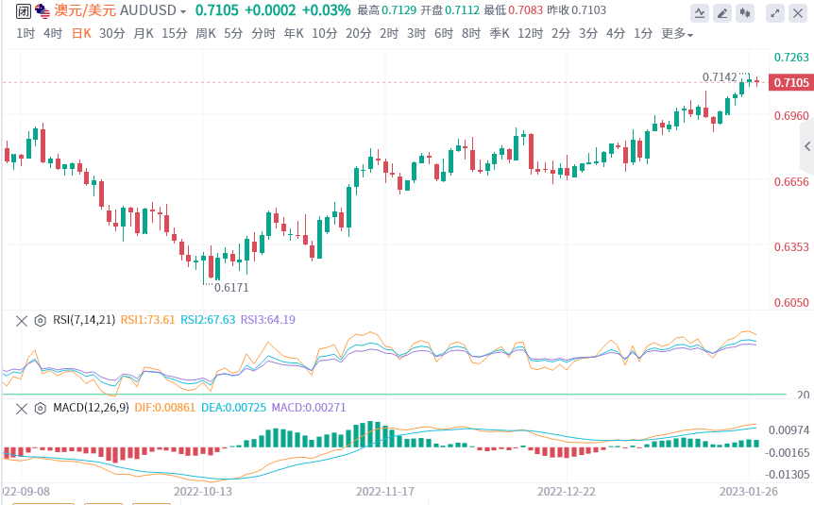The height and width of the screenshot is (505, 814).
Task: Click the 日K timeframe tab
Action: point(81,33)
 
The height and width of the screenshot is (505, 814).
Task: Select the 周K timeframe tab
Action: point(205,33)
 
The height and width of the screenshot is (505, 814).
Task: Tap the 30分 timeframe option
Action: point(111,33)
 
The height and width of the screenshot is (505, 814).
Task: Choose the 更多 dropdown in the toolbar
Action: point(676,33)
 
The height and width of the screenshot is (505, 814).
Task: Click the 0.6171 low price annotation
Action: point(231,287)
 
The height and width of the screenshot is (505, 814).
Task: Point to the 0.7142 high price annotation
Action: point(720,76)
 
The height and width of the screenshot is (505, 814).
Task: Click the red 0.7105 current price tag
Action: point(791,83)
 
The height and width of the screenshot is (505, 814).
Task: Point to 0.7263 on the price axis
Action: point(791,58)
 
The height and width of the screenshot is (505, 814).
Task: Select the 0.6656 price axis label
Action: point(791,181)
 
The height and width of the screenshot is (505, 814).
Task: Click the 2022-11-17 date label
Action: point(385,492)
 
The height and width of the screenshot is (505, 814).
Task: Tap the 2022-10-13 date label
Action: point(203,492)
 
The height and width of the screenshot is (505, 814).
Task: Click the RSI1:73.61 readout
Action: point(147,320)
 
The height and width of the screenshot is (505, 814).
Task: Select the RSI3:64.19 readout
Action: point(268,320)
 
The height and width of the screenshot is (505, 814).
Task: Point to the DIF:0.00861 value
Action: point(165,408)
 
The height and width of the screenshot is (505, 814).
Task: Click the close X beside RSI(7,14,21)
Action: point(21,320)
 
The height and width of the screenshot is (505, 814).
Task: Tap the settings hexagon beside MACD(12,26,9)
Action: point(40,408)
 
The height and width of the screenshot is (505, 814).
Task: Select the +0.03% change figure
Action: point(325,10)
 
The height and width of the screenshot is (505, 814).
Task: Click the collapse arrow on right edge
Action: point(807,146)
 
